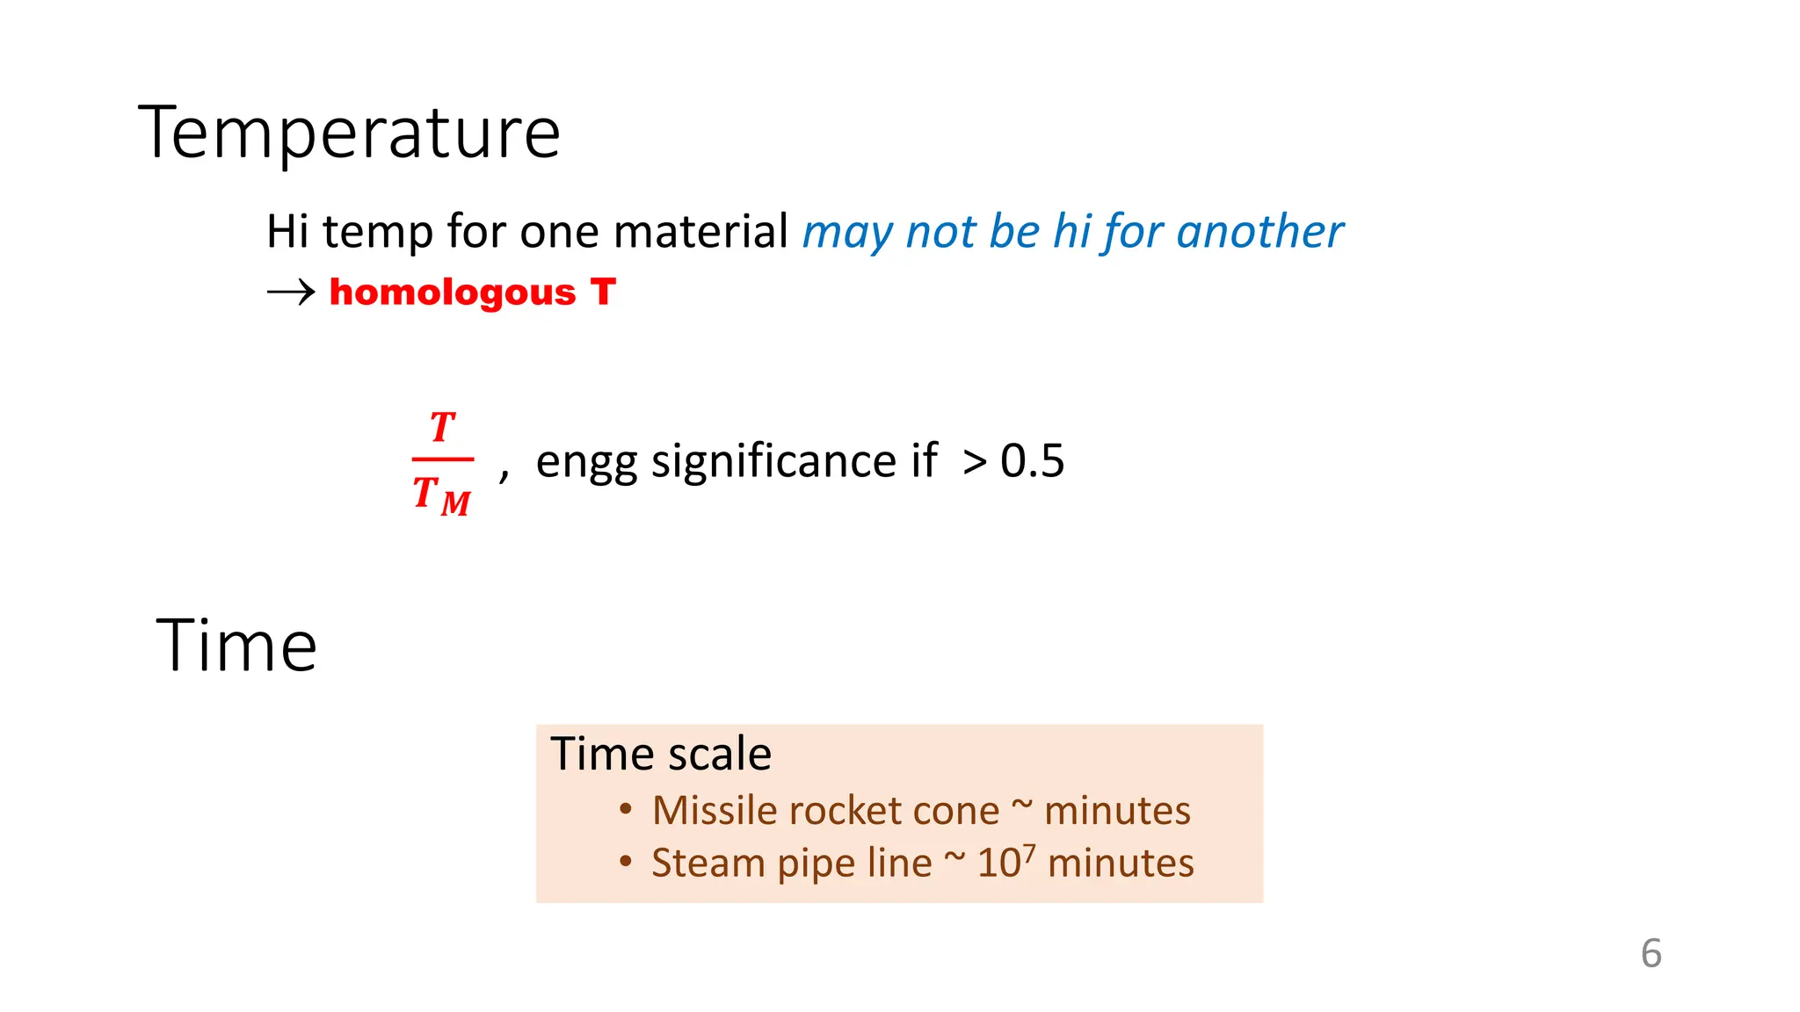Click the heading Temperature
tap(349, 134)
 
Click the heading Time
tap(236, 646)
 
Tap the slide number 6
tap(1651, 954)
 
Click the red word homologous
tap(452, 292)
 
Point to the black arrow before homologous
tap(291, 292)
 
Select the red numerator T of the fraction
tap(442, 428)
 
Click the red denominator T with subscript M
tap(441, 495)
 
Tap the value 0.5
tap(1032, 461)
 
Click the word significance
tap(794, 461)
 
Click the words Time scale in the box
tap(660, 754)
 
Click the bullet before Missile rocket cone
tap(625, 809)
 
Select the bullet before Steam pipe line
tap(625, 862)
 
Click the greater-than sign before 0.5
tap(974, 463)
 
